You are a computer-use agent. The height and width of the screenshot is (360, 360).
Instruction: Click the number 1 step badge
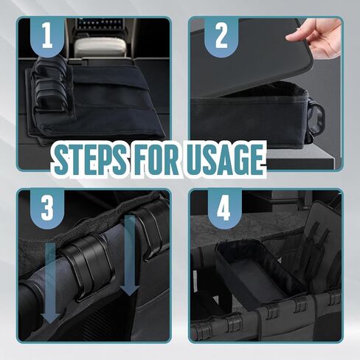(x=47, y=36)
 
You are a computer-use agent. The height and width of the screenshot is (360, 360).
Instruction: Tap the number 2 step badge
(x=221, y=36)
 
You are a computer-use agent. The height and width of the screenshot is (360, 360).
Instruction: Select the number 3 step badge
(x=47, y=208)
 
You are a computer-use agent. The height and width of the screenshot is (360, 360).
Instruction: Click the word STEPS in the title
(x=90, y=160)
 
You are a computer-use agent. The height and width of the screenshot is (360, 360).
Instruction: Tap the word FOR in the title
(x=156, y=160)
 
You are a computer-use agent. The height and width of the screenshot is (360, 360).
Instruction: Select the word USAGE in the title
(x=225, y=160)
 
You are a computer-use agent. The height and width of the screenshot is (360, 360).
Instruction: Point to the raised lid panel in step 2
(x=253, y=57)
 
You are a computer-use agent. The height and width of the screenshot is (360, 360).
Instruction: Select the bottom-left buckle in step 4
(x=203, y=330)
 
